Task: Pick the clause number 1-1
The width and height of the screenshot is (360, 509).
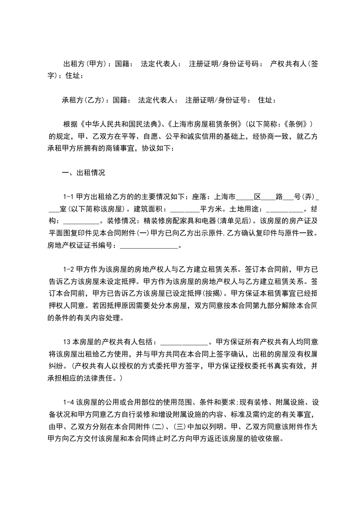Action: tap(69, 197)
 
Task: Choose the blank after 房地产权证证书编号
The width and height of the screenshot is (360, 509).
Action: tap(149, 246)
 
